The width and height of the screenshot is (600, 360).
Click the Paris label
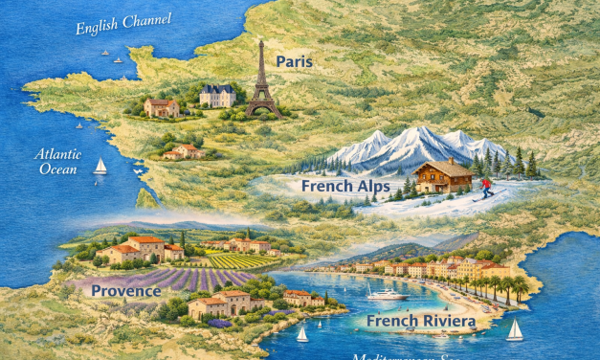[295, 61]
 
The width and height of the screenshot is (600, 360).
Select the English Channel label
[124, 23]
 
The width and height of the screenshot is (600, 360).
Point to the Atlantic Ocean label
[58, 160]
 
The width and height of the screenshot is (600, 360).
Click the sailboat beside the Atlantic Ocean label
[100, 167]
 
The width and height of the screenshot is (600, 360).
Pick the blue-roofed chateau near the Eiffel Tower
[218, 95]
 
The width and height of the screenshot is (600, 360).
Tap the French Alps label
[344, 186]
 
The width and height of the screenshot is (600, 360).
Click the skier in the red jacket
[486, 187]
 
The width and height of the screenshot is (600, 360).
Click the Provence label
[126, 290]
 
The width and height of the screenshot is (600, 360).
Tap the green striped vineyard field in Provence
[233, 260]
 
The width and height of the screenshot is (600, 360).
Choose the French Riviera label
[421, 320]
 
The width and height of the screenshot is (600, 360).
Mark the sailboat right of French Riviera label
[515, 330]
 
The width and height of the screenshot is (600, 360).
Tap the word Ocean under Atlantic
[57, 169]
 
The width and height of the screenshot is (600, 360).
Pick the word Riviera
[448, 321]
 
